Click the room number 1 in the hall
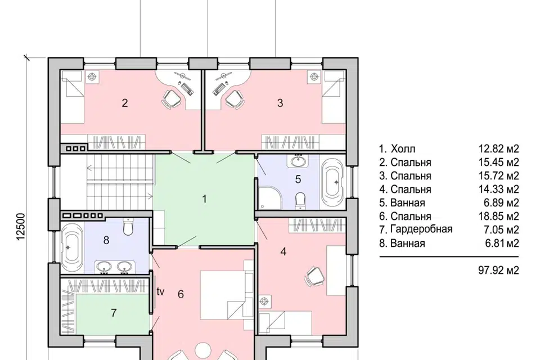tap(205, 199)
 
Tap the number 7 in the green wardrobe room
tap(114, 313)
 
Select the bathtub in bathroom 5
tap(332, 182)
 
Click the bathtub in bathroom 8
tap(72, 247)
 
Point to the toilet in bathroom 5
tap(300, 200)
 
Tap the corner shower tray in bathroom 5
tap(271, 197)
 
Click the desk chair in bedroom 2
tap(171, 100)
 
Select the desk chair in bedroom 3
tap(235, 100)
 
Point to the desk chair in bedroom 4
tap(314, 276)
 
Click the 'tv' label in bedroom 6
tap(160, 292)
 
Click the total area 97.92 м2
tap(498, 270)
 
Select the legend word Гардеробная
tap(421, 229)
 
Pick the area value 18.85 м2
tap(498, 216)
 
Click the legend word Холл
tap(403, 149)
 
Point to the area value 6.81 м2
tap(502, 243)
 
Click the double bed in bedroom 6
tap(227, 295)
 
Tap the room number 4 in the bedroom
tap(283, 252)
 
